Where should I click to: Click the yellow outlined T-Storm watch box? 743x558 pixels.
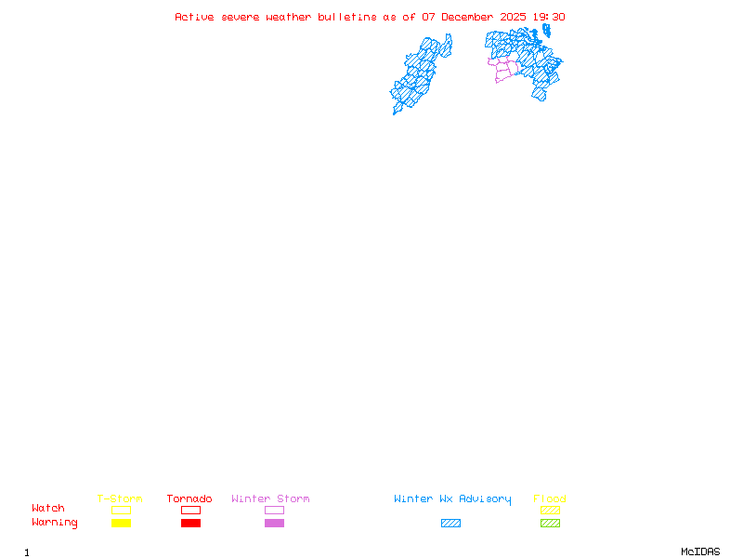point(121,510)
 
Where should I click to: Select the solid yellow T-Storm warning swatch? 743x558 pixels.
point(121,523)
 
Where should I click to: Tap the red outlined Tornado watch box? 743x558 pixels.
point(190,510)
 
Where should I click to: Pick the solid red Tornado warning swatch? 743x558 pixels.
point(190,523)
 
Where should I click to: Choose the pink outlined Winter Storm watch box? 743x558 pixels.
point(274,510)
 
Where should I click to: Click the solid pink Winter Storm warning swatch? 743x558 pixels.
point(274,523)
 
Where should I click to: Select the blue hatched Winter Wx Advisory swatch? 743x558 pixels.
point(450,523)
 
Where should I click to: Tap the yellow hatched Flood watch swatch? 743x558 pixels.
point(550,510)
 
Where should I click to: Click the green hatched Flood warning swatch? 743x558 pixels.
point(550,523)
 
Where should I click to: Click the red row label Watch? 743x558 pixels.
point(48,509)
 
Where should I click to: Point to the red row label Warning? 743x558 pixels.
point(55,523)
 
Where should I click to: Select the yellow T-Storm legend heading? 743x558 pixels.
point(120,498)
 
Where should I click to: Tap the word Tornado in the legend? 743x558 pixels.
point(189,498)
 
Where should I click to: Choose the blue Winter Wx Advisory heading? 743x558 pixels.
point(452,498)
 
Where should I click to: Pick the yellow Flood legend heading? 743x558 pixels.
point(550,498)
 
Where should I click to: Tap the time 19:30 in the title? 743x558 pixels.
point(550,17)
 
